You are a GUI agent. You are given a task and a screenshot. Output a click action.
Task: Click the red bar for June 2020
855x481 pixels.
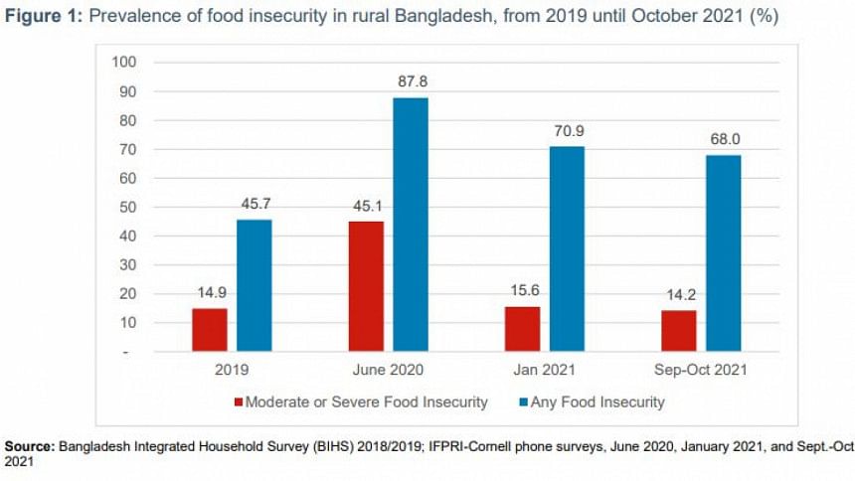point(365,286)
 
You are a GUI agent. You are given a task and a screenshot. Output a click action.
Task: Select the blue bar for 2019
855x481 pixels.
point(254,285)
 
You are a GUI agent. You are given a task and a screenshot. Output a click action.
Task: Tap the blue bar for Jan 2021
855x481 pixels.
point(567,248)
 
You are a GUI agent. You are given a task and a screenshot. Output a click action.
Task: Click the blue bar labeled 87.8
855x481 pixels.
point(411,225)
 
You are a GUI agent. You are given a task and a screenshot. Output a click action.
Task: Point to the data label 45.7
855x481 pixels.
point(255,205)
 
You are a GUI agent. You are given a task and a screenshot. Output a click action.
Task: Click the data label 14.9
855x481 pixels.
point(209,293)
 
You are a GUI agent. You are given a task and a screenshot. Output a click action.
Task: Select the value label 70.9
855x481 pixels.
point(567,131)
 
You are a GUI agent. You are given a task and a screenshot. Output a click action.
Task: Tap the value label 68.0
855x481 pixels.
point(723,140)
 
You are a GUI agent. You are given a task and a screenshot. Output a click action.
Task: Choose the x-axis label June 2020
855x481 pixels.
point(387,370)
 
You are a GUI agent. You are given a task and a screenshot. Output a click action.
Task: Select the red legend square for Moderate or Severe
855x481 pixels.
point(239,402)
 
